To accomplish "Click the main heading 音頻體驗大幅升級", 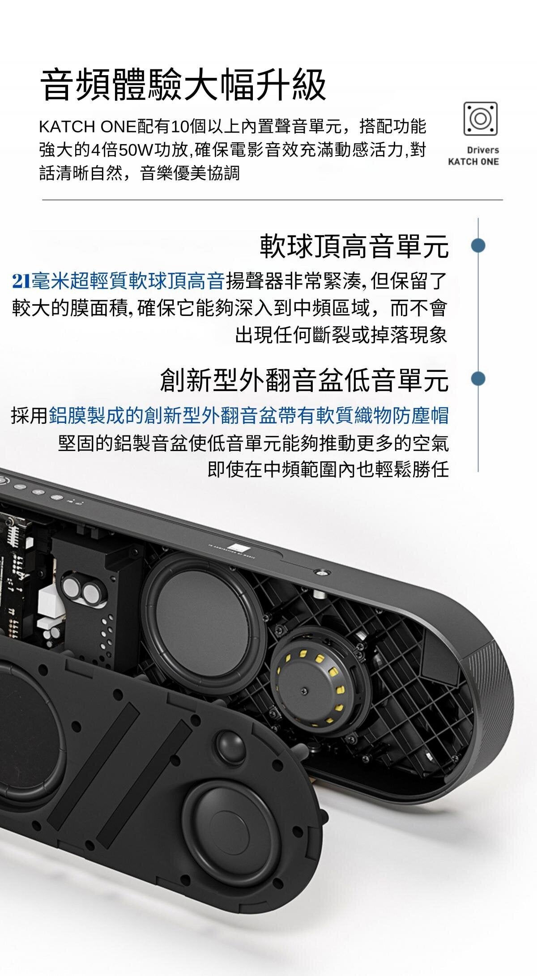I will (183, 85).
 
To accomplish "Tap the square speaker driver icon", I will (480, 118).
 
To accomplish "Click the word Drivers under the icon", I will (483, 150).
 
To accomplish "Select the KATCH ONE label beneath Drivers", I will (473, 162).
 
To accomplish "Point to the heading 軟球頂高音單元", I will (354, 246).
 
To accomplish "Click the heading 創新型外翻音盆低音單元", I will (304, 379).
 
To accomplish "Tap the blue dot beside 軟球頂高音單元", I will (478, 245).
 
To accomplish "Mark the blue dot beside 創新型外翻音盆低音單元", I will (478, 379).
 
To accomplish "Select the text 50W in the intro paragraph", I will (132, 150).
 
